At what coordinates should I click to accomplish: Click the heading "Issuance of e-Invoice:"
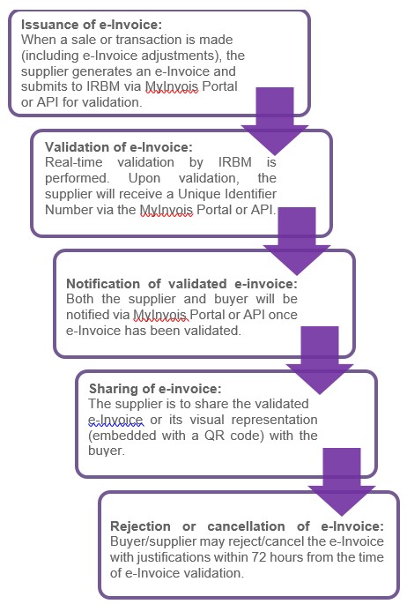click(92, 25)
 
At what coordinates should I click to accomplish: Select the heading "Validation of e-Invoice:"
click(118, 147)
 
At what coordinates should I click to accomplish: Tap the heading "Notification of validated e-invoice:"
click(182, 284)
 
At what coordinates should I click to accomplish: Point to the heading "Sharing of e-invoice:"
click(155, 389)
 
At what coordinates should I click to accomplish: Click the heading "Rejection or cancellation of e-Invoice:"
click(247, 526)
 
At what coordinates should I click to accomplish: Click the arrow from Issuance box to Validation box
click(275, 119)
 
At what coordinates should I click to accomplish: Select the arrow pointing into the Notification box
click(297, 241)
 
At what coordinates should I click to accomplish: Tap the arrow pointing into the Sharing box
click(320, 360)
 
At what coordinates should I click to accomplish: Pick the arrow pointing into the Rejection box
click(342, 481)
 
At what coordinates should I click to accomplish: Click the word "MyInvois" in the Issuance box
click(172, 86)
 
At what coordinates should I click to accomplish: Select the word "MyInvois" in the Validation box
click(166, 210)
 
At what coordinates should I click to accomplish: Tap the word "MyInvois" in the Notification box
click(160, 315)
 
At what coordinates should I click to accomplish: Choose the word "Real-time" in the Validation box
click(74, 162)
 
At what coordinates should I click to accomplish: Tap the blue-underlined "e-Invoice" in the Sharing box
click(116, 420)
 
